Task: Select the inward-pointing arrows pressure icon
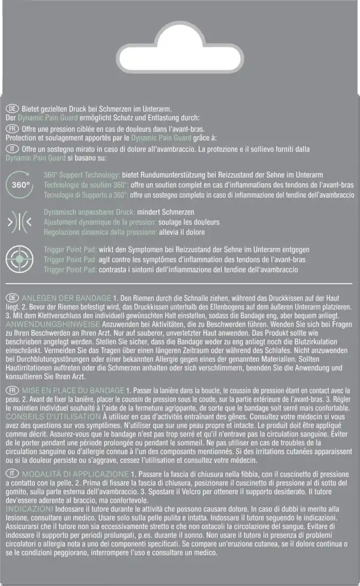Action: pos(21,222)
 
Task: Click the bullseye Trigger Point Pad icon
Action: pos(21,259)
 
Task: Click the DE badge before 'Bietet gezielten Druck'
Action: pos(13,108)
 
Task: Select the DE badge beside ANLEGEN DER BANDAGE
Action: pos(13,298)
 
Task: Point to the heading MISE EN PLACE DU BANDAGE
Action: pos(73,391)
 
